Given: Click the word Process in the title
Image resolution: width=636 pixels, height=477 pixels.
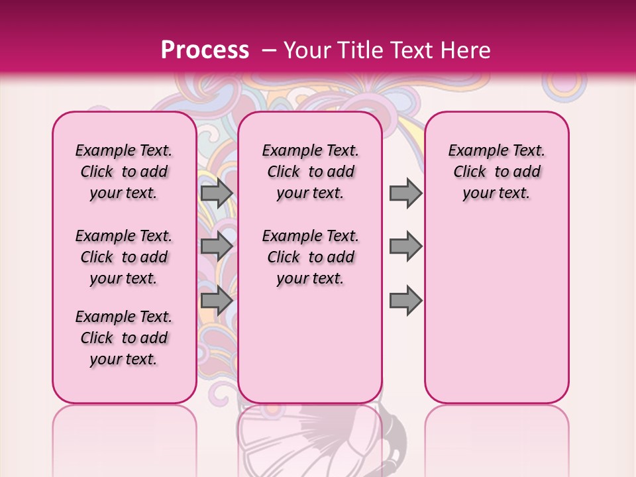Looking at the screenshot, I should click(x=204, y=50).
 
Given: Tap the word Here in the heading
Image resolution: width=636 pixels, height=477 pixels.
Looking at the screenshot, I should click(x=465, y=50).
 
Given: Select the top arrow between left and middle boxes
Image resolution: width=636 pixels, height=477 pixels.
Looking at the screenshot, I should click(x=216, y=193).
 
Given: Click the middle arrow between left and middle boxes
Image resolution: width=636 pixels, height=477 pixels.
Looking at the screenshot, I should click(x=216, y=246).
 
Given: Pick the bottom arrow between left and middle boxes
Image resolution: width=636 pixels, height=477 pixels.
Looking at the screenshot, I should click(x=216, y=300).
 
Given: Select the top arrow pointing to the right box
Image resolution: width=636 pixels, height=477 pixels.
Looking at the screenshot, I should click(x=405, y=193).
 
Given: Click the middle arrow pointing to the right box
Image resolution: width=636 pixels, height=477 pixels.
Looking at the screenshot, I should click(x=405, y=246).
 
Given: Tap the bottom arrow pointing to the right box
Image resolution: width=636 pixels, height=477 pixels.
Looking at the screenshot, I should click(x=405, y=300).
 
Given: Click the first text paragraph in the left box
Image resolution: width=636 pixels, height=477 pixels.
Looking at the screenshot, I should click(x=123, y=172).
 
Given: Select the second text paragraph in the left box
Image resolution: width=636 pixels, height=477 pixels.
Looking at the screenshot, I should click(x=123, y=257).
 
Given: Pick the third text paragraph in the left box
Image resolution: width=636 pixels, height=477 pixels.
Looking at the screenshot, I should click(x=123, y=338).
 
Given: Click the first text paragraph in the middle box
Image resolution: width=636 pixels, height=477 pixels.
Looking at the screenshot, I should click(x=310, y=172).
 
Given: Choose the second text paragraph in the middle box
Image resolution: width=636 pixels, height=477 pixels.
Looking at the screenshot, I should click(x=310, y=257).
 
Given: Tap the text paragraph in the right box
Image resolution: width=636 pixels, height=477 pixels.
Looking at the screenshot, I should click(x=496, y=172).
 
